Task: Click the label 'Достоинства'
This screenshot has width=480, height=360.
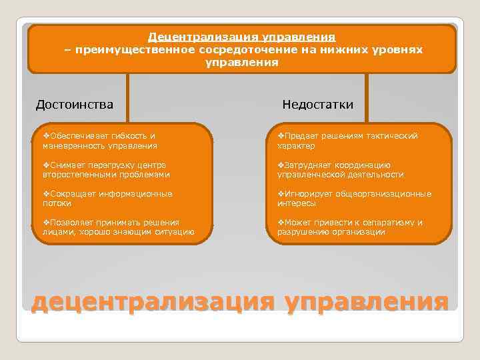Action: pos(74,104)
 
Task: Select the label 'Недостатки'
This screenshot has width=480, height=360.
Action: pos(317,104)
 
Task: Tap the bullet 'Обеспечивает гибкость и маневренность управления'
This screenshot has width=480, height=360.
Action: pos(100,140)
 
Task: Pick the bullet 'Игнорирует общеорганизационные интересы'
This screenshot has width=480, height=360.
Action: pos(353,198)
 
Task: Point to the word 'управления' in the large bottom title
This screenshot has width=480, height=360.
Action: pos(366,301)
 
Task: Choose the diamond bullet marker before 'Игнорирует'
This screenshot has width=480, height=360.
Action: pos(281,193)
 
